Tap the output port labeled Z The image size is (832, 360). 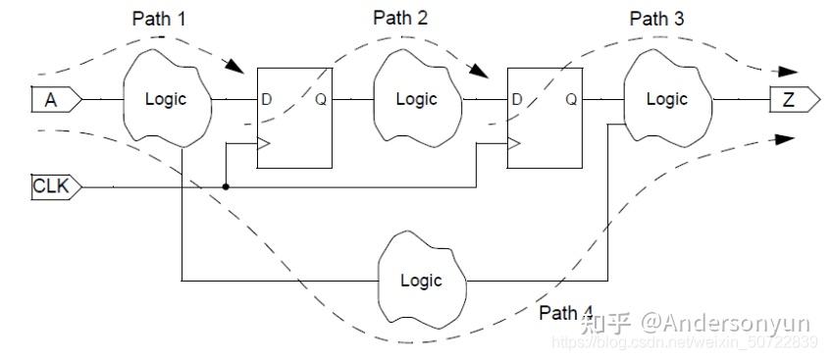pyautogui.click(x=791, y=99)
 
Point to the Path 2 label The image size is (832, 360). pyautogui.click(x=401, y=19)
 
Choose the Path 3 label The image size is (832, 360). pyautogui.click(x=657, y=19)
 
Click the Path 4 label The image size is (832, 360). pyautogui.click(x=566, y=313)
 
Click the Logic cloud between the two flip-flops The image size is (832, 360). pyautogui.click(x=416, y=99)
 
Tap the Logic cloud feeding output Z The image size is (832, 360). pyautogui.click(x=666, y=99)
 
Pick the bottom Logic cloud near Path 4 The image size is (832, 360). pyautogui.click(x=421, y=280)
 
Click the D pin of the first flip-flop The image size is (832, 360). pyautogui.click(x=266, y=99)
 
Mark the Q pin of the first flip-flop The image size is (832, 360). pyautogui.click(x=321, y=99)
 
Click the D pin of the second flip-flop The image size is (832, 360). pyautogui.click(x=517, y=99)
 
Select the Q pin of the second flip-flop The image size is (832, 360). pyautogui.click(x=572, y=99)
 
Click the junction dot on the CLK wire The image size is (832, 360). pyautogui.click(x=227, y=185)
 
